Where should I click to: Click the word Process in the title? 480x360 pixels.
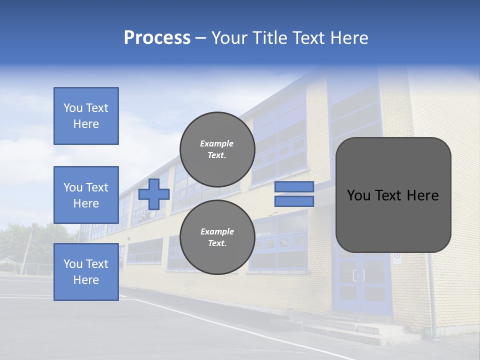tap(157, 38)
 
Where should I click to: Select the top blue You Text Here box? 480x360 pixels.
tap(86, 116)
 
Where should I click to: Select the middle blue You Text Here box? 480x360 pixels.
tap(86, 195)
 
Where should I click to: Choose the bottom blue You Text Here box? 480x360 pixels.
tap(86, 271)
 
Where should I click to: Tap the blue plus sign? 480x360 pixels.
tap(154, 194)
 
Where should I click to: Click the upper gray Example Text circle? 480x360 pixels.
tap(217, 149)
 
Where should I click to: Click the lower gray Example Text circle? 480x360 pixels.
tap(217, 237)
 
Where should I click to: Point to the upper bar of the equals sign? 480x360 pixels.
tap(294, 186)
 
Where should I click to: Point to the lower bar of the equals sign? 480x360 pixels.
tap(294, 201)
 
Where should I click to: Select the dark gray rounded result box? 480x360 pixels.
tap(393, 195)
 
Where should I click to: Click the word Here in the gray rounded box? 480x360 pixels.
tap(423, 195)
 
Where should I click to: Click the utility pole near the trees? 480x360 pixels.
tap(26, 252)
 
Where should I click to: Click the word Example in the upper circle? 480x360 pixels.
tap(217, 143)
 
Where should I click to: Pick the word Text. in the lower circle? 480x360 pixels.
tap(217, 243)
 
